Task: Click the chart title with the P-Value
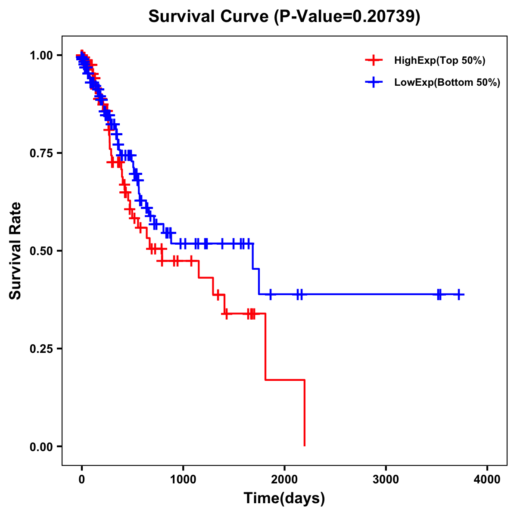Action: click(x=284, y=16)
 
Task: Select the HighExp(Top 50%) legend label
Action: click(x=439, y=61)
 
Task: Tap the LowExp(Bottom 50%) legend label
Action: click(x=447, y=83)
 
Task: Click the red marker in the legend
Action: click(x=374, y=60)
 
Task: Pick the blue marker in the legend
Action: click(x=374, y=82)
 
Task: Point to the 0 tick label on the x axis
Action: click(x=82, y=480)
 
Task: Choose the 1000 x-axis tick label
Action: click(x=183, y=480)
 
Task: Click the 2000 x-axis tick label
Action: click(x=284, y=480)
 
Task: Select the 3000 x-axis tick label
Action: click(x=386, y=480)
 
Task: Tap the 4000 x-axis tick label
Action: click(x=487, y=480)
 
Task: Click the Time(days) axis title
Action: click(x=284, y=498)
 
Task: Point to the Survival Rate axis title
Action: click(x=16, y=251)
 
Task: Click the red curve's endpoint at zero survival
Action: click(x=305, y=445)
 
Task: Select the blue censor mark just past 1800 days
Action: click(x=271, y=295)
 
